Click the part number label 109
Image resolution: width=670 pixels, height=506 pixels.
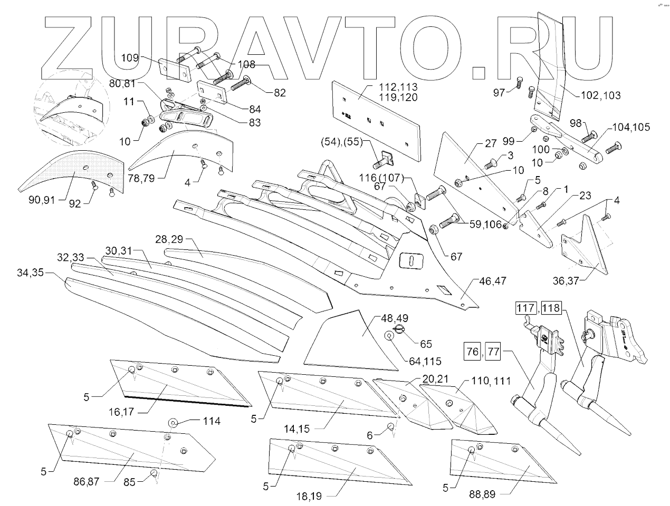pyautogui.click(x=130, y=57)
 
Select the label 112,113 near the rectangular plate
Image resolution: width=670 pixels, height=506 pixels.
pyautogui.click(x=398, y=87)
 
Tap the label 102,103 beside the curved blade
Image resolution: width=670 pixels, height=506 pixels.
pyautogui.click(x=600, y=95)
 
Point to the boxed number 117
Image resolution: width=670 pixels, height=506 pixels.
pyautogui.click(x=525, y=308)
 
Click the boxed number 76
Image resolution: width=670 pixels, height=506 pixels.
pyautogui.click(x=473, y=352)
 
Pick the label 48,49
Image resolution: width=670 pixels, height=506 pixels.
pyautogui.click(x=395, y=318)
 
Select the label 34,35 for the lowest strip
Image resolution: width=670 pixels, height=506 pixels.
pyautogui.click(x=31, y=273)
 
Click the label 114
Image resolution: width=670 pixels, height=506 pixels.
pyautogui.click(x=212, y=421)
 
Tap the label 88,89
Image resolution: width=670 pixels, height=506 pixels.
pyautogui.click(x=482, y=494)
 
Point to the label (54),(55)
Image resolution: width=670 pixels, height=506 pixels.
pyautogui.click(x=341, y=142)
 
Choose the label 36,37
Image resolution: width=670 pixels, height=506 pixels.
pyautogui.click(x=566, y=281)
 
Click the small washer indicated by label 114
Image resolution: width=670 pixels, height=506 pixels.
pyautogui.click(x=174, y=423)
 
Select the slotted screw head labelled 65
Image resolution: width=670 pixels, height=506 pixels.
pyautogui.click(x=399, y=329)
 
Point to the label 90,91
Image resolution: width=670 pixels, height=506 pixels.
pyautogui.click(x=42, y=200)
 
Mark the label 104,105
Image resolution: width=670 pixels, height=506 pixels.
pyautogui.click(x=630, y=127)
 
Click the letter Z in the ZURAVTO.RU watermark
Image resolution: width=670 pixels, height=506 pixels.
pyautogui.click(x=67, y=47)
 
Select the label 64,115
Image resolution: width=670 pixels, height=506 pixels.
pyautogui.click(x=425, y=362)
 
